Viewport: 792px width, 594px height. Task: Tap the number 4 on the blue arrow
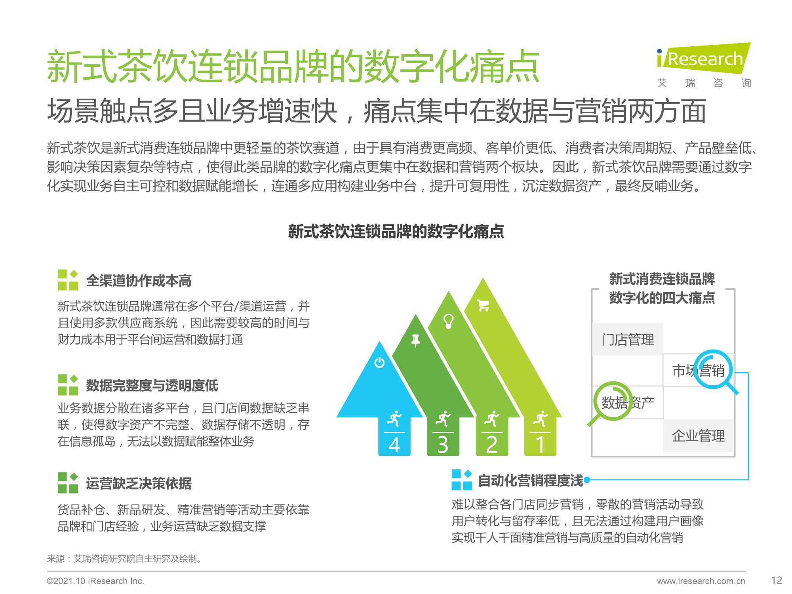(394, 445)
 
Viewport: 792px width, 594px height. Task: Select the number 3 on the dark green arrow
(443, 445)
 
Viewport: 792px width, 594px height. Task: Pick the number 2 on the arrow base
(491, 445)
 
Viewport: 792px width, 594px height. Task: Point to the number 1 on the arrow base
(540, 445)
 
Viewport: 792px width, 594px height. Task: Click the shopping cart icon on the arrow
(483, 305)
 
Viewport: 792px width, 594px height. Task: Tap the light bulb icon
(448, 321)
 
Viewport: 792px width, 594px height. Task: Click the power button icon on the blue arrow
(379, 362)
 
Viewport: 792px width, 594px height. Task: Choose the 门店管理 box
(628, 339)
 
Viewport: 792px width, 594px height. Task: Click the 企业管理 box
(698, 436)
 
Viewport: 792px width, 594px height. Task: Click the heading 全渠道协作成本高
(139, 281)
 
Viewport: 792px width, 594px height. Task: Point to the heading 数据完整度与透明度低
(152, 385)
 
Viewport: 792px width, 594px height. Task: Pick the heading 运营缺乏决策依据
(139, 483)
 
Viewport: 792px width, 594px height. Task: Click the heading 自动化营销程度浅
(531, 481)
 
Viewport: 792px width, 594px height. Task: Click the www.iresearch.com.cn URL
(701, 581)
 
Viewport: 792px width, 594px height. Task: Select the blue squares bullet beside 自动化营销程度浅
(462, 480)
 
